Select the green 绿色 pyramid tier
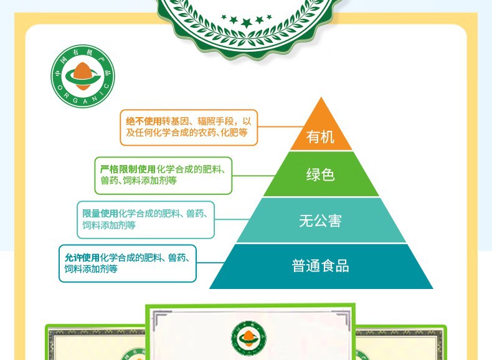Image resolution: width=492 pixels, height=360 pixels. click(x=321, y=175)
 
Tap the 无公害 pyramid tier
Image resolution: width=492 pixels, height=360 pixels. click(x=321, y=220)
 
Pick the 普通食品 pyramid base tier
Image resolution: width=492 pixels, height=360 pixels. click(x=321, y=267)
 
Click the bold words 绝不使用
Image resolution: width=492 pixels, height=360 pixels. click(x=144, y=121)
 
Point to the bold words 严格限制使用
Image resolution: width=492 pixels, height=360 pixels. click(x=128, y=169)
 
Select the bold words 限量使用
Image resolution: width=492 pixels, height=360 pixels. click(x=100, y=214)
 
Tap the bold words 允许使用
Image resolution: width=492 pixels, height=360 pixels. click(x=82, y=257)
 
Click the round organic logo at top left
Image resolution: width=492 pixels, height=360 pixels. click(x=83, y=77)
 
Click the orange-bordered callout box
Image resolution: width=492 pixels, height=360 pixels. click(x=189, y=127)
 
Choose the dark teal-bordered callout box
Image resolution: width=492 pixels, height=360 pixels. click(x=128, y=263)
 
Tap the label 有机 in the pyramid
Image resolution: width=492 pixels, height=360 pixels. click(x=321, y=136)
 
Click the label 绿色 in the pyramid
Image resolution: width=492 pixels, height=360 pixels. click(x=321, y=175)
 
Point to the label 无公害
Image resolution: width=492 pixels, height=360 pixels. click(x=321, y=220)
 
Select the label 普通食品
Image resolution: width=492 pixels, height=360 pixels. click(x=321, y=267)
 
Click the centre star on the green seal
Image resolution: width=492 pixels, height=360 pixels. click(x=247, y=23)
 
